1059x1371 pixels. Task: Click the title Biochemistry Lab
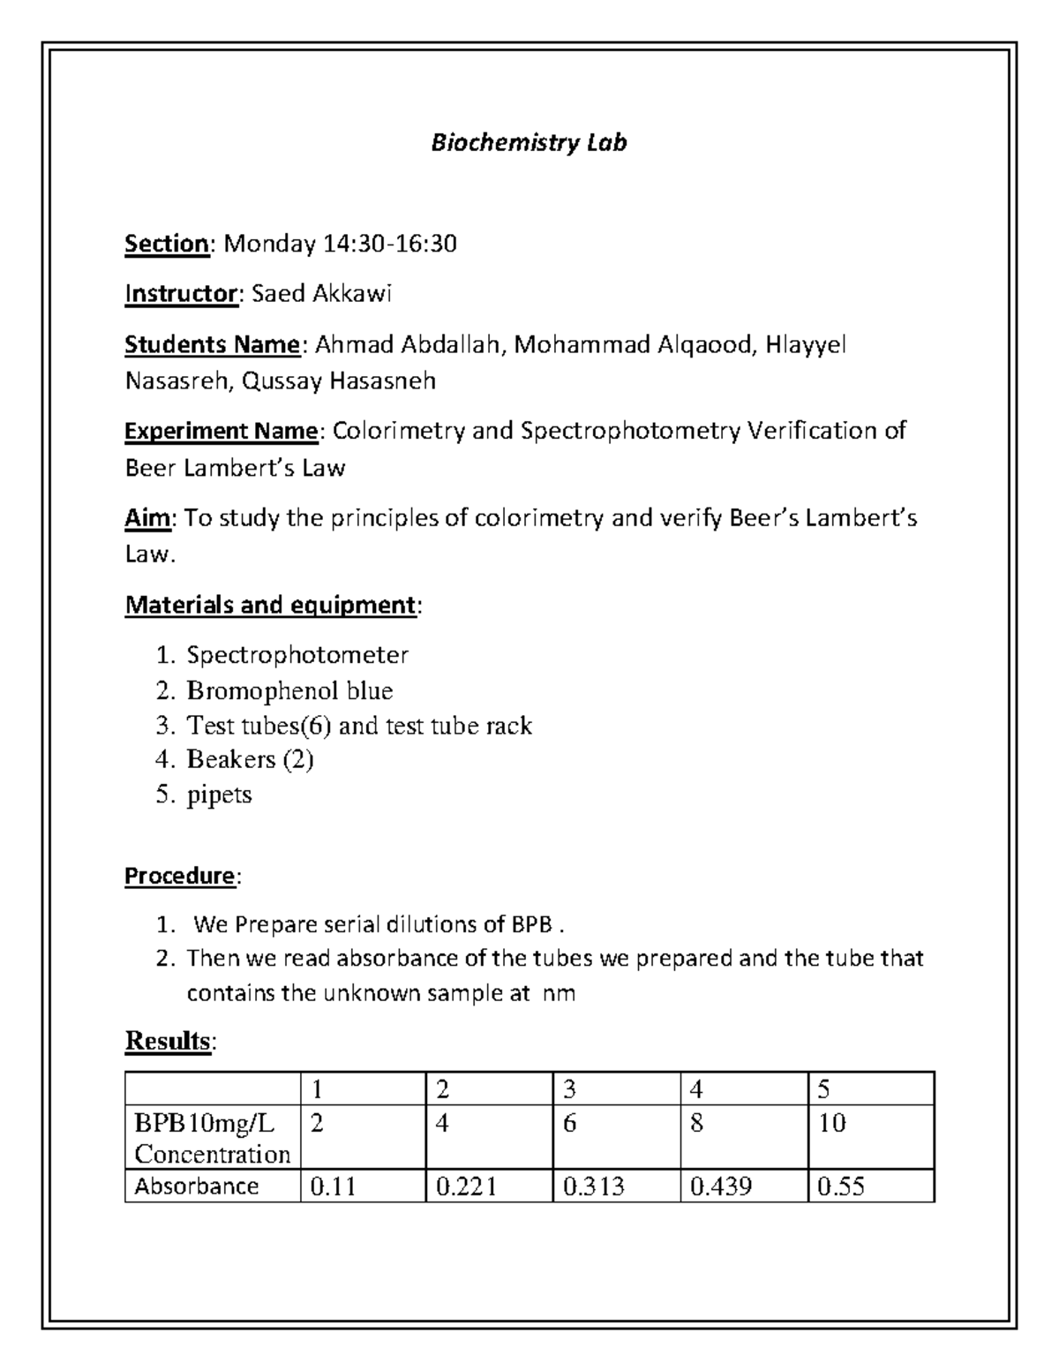529,143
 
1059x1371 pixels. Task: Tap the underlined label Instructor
181,294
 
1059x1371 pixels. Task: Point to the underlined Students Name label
212,344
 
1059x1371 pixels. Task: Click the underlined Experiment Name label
221,431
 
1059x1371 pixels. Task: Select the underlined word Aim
146,518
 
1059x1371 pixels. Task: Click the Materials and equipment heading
270,605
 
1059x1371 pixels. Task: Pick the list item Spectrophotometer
297,655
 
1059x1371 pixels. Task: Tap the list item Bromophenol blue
289,690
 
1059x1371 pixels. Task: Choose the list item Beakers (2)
250,759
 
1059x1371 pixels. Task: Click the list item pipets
219,795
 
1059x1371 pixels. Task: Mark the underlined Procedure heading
180,876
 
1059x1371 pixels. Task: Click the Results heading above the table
168,1041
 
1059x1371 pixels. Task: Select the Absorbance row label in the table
196,1186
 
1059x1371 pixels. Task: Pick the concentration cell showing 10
831,1123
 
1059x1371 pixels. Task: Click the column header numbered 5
823,1089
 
